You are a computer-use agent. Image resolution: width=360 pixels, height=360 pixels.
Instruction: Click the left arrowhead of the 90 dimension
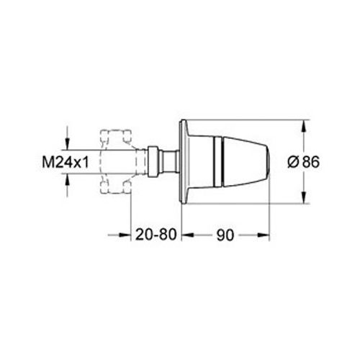[x=184, y=235]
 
